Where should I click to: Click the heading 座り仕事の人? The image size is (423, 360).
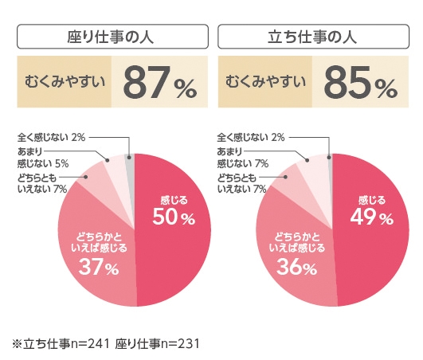click(112, 37)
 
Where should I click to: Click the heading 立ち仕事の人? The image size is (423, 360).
click(311, 37)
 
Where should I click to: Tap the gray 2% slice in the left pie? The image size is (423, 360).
click(131, 163)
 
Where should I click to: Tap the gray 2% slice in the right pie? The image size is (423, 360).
click(330, 163)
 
